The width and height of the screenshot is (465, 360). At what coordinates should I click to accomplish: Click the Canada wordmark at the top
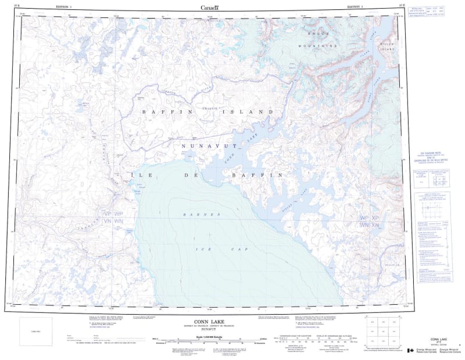tap(209, 8)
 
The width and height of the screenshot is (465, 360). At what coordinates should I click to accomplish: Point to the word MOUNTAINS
tap(317, 45)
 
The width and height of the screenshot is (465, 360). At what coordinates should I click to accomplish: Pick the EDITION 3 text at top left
tap(65, 8)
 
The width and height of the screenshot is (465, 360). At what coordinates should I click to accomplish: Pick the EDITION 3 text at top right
tap(354, 8)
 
